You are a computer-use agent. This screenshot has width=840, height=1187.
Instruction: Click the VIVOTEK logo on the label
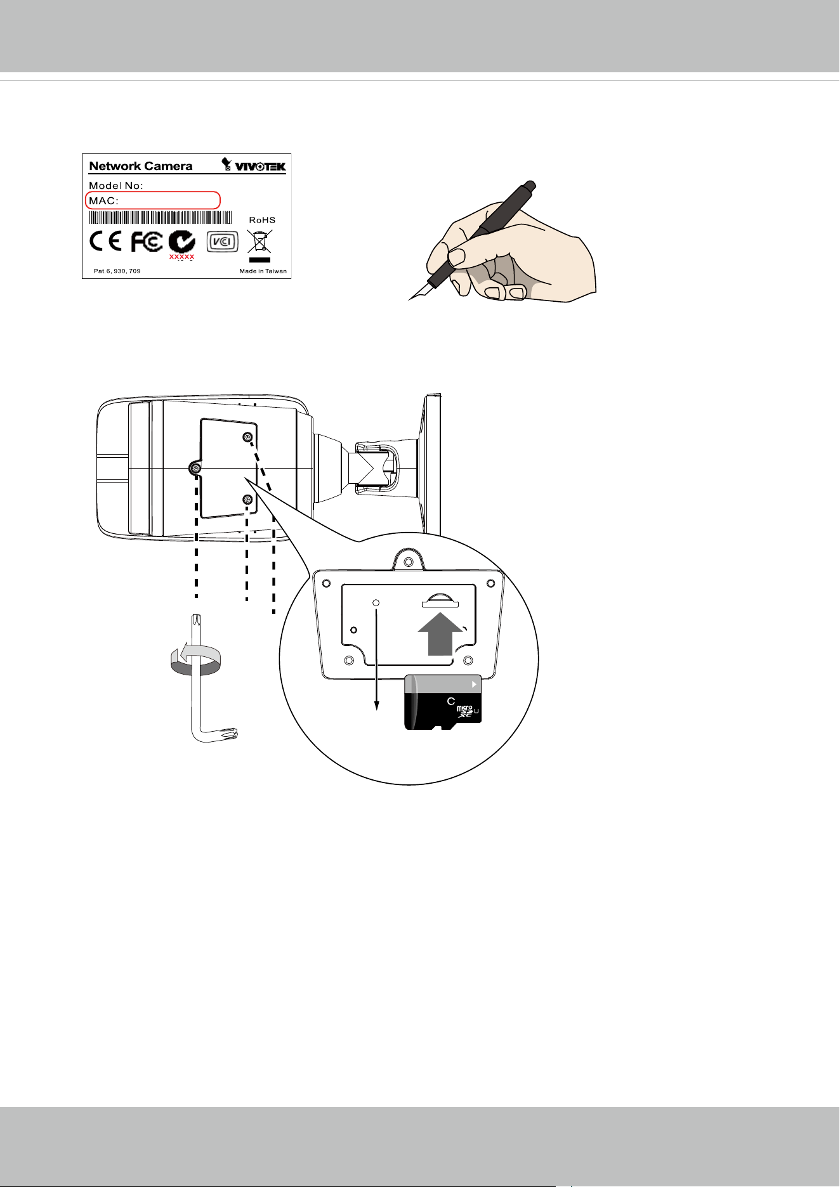tap(254, 165)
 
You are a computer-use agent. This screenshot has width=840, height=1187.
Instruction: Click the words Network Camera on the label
tap(141, 166)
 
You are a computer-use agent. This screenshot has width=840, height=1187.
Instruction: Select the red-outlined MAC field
tap(153, 200)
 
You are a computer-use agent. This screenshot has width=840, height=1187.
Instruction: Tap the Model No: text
tap(116, 186)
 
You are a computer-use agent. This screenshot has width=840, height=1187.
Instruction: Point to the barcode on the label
tap(161, 218)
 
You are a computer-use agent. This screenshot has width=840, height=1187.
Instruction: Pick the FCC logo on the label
tap(147, 242)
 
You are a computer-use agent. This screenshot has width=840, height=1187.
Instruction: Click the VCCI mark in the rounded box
tap(223, 242)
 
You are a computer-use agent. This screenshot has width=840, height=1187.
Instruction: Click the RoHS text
tap(262, 220)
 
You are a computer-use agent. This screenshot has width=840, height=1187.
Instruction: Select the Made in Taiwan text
tap(263, 271)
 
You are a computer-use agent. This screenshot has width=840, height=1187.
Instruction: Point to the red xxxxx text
tap(181, 257)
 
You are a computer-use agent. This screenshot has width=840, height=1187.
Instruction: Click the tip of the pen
tap(409, 299)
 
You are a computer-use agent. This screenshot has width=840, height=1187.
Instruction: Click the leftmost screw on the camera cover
tap(195, 468)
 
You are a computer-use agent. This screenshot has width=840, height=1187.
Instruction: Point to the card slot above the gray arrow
tap(438, 599)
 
